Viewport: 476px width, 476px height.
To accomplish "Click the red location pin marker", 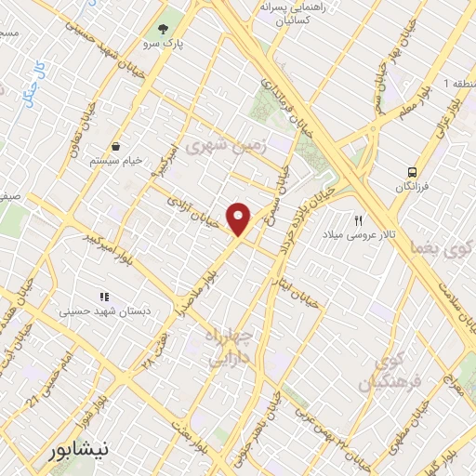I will [239, 218].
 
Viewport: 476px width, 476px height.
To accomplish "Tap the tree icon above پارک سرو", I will [164, 28].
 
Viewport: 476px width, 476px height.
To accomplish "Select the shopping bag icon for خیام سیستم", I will [114, 146].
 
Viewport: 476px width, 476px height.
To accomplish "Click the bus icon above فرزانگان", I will [410, 171].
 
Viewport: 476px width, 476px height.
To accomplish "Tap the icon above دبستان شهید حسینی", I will [105, 297].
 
